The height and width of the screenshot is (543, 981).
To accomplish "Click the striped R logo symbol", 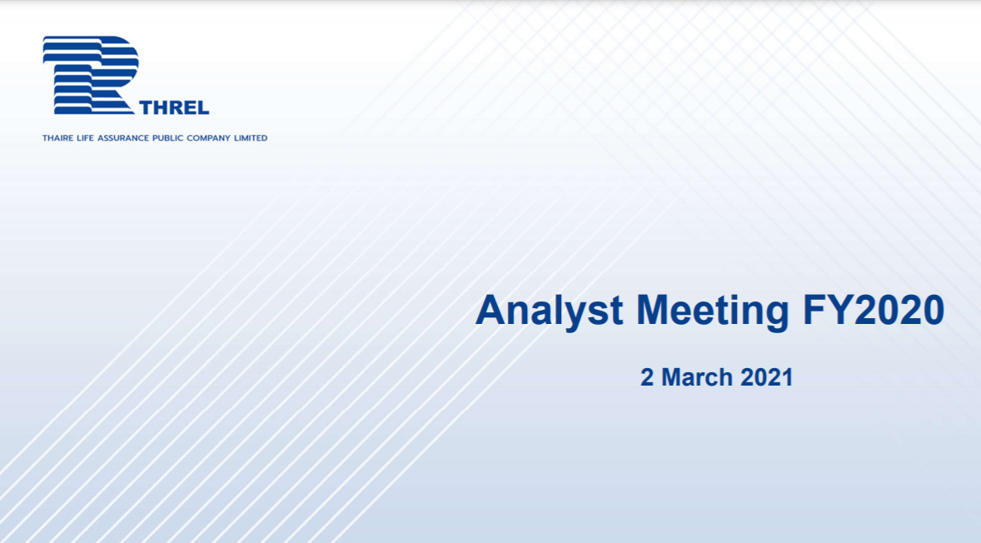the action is coord(90,75).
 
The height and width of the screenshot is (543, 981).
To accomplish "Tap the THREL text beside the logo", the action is coord(175,107).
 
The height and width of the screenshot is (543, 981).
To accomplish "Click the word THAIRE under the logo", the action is coord(57,137).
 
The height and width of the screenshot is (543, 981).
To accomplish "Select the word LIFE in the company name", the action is coord(85,137).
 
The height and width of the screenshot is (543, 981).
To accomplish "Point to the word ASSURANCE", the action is coord(123,137).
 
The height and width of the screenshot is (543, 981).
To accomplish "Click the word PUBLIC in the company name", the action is coord(167,137).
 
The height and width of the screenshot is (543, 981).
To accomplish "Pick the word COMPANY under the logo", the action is coord(208,137).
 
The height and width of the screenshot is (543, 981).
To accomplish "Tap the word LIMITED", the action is coord(251,137).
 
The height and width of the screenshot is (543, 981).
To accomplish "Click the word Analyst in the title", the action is coord(550,311).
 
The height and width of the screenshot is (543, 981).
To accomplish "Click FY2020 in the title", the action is coord(874,310).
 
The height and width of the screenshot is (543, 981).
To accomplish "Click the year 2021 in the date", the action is coord(766,377).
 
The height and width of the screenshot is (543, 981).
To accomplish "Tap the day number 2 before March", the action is coord(647,377).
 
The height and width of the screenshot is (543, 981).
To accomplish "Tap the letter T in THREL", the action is coord(146,107).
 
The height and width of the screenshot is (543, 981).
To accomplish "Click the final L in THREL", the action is coord(203,107).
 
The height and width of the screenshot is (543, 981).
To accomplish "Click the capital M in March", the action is coord(672,377).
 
